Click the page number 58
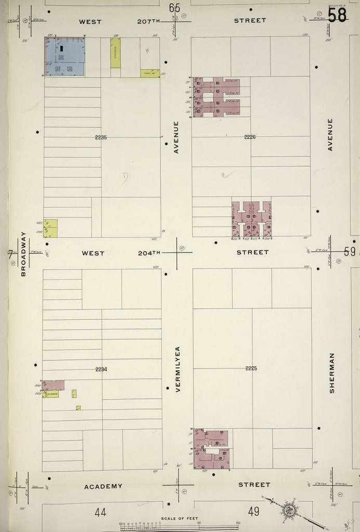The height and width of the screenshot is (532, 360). [337, 15]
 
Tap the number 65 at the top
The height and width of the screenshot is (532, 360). [175, 8]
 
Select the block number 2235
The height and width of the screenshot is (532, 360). [101, 137]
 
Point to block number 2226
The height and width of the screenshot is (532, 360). [250, 137]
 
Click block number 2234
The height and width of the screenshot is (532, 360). [101, 369]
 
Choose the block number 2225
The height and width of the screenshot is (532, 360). [251, 368]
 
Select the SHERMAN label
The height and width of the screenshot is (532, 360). [331, 373]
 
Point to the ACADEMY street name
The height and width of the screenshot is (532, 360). [103, 486]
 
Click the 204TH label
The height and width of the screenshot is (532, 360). [149, 253]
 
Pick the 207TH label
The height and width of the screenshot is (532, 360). [150, 21]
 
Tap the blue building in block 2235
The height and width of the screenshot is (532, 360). [65, 56]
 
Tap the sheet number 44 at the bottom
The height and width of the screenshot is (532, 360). [101, 512]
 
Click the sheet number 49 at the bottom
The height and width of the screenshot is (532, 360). [254, 512]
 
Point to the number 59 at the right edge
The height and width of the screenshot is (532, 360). [350, 252]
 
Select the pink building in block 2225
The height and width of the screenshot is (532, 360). [211, 449]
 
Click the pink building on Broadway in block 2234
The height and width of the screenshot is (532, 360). [53, 385]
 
